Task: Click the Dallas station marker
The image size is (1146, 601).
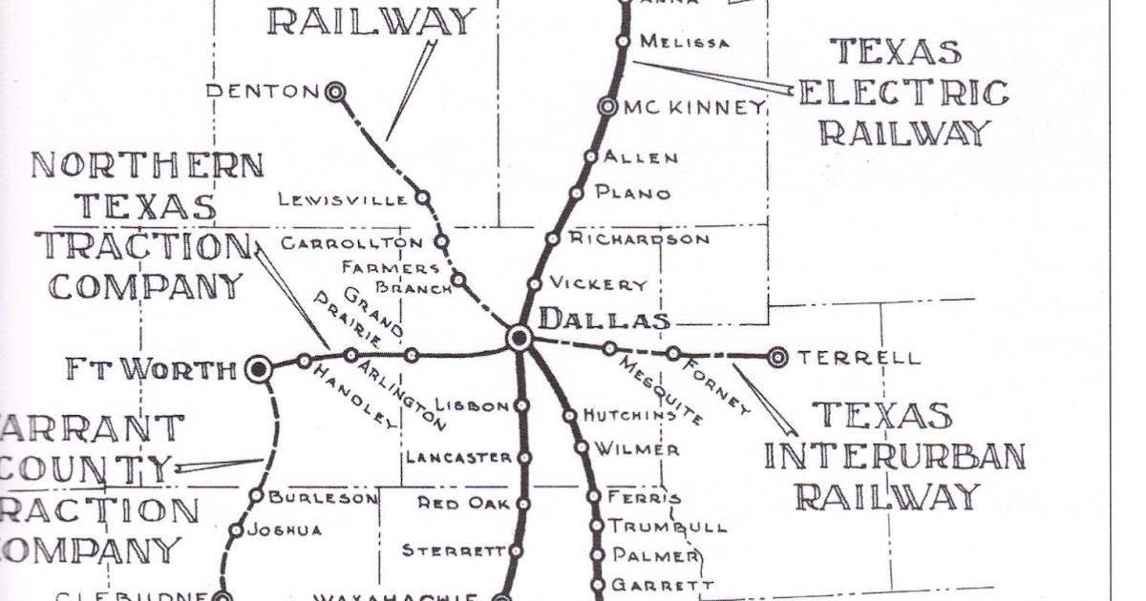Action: point(520,337)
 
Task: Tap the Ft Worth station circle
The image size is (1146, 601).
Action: point(257,369)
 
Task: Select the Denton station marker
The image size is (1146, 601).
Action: point(334,92)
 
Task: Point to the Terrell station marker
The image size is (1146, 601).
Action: point(777,358)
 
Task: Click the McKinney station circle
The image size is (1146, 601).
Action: point(607,107)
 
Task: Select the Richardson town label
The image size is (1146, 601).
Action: point(640,238)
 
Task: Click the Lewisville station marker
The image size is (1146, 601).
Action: point(423,198)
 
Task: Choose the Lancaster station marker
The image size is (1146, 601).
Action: point(523,458)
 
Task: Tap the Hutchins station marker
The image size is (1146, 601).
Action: point(569,415)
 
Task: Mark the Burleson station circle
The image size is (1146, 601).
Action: point(256,496)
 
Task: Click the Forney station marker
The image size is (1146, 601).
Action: point(673,353)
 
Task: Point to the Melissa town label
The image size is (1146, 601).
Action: point(684,42)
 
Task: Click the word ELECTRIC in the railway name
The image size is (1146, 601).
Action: point(902,93)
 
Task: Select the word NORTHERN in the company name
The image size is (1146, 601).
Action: point(147,166)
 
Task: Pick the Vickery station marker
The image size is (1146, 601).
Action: point(535,284)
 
